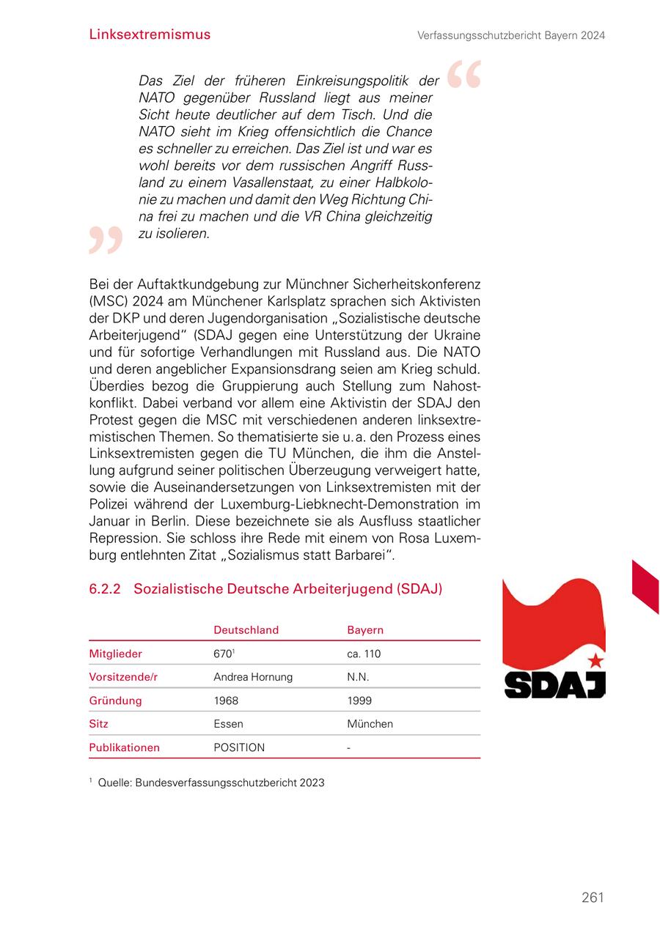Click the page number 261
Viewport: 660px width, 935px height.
[x=593, y=898]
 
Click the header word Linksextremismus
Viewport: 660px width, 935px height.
[x=150, y=34]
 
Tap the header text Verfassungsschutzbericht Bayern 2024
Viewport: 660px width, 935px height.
[x=511, y=35]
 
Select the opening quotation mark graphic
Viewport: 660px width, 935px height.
[x=464, y=75]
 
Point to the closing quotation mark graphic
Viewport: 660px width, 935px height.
[x=106, y=240]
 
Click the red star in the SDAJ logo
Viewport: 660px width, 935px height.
[x=595, y=660]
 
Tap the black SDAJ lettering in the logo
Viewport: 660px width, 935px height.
[x=554, y=684]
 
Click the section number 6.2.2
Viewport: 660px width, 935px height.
[x=105, y=589]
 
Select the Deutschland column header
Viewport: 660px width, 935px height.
[x=246, y=630]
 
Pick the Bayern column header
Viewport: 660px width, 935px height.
[x=365, y=630]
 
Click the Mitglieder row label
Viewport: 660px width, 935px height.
[x=116, y=654]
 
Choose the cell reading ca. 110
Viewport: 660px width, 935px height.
[x=364, y=654]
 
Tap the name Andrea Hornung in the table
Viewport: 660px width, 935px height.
[x=253, y=677]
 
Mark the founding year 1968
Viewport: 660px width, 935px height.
[x=226, y=701]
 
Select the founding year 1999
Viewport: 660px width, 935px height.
[x=359, y=701]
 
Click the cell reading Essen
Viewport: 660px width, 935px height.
[x=228, y=724]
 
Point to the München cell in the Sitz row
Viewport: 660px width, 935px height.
[x=370, y=724]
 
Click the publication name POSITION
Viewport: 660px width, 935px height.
[x=239, y=747]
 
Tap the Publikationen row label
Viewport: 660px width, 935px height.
[x=124, y=747]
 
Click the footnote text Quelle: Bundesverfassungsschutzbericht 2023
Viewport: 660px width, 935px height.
[x=210, y=783]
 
